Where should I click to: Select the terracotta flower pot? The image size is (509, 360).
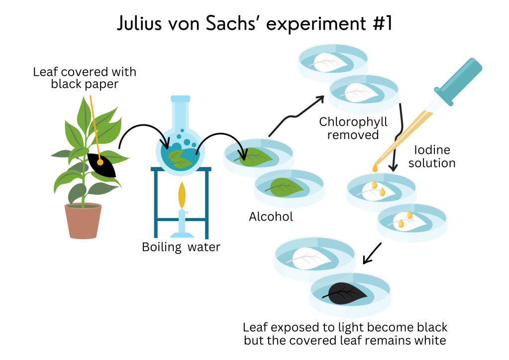(83, 221)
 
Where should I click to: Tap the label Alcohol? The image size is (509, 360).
(271, 217)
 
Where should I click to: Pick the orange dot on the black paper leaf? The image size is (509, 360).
(100, 162)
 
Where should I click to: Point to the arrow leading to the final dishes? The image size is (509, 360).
(372, 253)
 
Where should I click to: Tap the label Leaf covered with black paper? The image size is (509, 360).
(85, 78)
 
